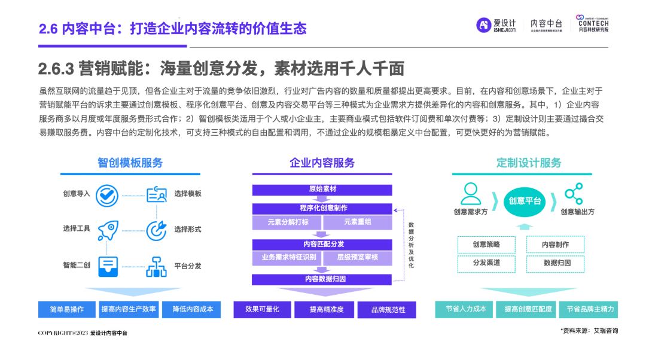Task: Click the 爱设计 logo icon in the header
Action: tap(483, 25)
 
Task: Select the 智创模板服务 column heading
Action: tap(130, 163)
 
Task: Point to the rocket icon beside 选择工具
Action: tap(108, 229)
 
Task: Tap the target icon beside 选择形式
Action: tap(157, 229)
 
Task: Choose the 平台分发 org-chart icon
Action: tap(157, 266)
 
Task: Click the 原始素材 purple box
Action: tap(322, 190)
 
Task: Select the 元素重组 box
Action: tap(358, 222)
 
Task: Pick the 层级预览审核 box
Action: tap(358, 258)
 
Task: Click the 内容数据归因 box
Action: tap(322, 279)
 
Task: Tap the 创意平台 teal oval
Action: tap(525, 201)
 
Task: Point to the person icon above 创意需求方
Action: tap(471, 193)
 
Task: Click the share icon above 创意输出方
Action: tap(574, 193)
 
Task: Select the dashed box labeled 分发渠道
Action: tap(486, 263)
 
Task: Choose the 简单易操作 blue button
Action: tap(66, 309)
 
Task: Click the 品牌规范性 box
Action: tap(388, 310)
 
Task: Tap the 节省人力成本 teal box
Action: tap(465, 309)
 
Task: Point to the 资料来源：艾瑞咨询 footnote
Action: tap(589, 331)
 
